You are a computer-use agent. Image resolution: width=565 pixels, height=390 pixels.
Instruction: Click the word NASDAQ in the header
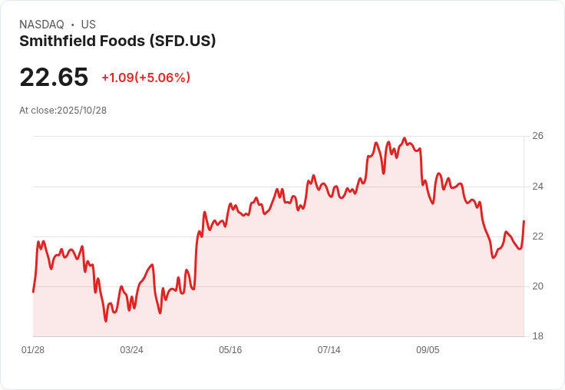41,25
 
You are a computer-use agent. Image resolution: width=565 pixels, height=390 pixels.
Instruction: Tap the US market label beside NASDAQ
88,25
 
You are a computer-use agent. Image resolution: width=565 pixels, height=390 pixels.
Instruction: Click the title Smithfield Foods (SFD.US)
117,41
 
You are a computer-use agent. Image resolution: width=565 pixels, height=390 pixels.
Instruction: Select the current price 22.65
54,78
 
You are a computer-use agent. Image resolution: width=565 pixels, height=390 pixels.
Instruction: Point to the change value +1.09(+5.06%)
146,78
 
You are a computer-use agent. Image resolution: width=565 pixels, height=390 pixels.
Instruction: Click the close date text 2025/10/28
81,111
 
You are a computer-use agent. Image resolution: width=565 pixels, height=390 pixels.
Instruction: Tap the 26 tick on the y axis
538,136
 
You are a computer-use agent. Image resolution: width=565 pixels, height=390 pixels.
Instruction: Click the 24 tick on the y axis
538,187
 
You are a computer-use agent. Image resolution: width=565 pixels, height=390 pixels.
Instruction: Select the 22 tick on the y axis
538,236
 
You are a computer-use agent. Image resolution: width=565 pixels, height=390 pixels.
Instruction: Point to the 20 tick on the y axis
538,286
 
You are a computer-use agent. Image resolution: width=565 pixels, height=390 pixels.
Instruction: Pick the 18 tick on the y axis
538,336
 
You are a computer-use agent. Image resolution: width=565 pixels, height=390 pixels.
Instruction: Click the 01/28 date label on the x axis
33,350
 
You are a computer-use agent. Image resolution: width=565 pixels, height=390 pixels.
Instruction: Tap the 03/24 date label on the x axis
131,350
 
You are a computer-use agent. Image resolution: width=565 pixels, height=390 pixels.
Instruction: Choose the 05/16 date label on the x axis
230,350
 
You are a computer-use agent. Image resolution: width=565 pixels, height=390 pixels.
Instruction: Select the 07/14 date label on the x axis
329,350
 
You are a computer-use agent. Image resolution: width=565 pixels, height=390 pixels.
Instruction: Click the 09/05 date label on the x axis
428,350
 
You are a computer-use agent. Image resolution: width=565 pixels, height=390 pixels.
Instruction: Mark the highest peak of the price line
405,138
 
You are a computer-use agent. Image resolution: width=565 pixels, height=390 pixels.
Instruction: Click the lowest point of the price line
106,321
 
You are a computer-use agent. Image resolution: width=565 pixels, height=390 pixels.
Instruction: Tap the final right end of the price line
524,221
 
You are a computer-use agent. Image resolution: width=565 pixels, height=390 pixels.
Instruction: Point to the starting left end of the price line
33,292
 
